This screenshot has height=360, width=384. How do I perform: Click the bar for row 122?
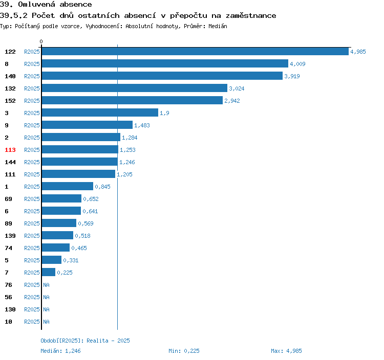tap(195, 52)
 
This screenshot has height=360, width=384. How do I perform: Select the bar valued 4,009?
tap(165, 64)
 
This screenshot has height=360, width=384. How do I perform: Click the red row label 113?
tap(10, 150)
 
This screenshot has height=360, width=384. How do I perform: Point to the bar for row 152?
tap(132, 101)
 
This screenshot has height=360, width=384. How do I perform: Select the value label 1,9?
tap(164, 113)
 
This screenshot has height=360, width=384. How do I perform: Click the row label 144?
tap(10, 162)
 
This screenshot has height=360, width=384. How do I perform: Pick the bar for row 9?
tap(87, 125)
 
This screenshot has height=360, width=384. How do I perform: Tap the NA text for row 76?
tap(46, 285)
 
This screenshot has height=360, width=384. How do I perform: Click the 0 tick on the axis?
tap(41, 41)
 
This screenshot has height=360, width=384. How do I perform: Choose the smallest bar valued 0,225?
tap(49, 273)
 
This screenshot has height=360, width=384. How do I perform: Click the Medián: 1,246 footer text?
tap(60, 351)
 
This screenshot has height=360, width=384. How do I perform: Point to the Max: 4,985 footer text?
tap(286, 351)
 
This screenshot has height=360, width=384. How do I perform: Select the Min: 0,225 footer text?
tap(184, 351)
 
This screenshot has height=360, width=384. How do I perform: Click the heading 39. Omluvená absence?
tap(46, 5)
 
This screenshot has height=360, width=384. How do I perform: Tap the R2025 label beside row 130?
tap(32, 309)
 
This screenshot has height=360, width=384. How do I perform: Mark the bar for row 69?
tap(61, 199)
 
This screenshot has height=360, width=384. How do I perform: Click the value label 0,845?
tap(102, 187)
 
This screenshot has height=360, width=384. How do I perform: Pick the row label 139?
tap(10, 236)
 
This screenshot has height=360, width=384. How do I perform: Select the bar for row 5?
tap(52, 260)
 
